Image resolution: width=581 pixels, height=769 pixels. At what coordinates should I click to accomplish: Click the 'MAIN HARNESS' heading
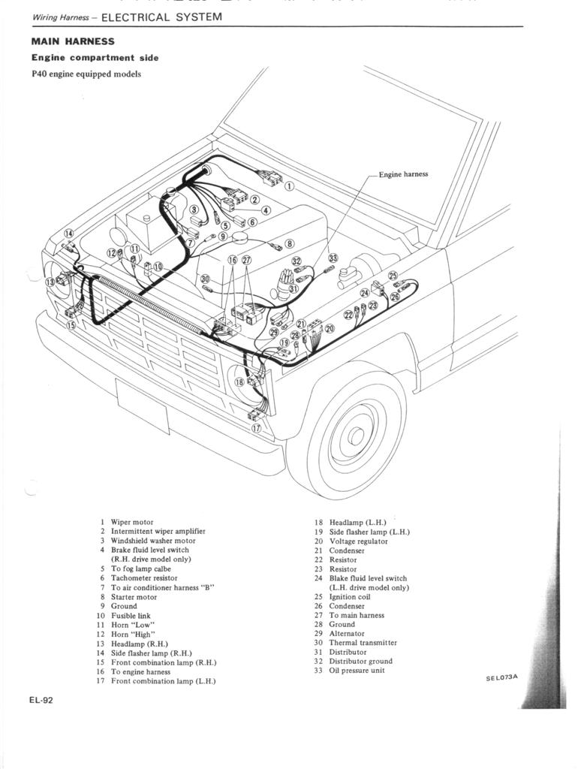pyautogui.click(x=73, y=41)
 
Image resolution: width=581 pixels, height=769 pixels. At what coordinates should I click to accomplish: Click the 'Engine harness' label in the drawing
pyautogui.click(x=403, y=174)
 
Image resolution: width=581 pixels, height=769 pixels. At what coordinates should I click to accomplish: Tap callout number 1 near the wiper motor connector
pyautogui.click(x=290, y=186)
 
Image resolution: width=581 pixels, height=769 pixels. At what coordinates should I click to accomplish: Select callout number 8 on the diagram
pyautogui.click(x=289, y=243)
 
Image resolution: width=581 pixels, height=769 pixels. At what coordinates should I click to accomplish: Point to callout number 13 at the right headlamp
pyautogui.click(x=50, y=282)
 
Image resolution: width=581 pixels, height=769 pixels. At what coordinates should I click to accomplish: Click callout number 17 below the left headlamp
pyautogui.click(x=256, y=428)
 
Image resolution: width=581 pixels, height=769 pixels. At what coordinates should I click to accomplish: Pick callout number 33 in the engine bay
pyautogui.click(x=333, y=258)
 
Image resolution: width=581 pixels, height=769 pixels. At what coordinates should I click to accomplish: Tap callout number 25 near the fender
pyautogui.click(x=393, y=276)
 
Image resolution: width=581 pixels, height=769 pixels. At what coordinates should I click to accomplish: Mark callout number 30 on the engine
pyautogui.click(x=206, y=279)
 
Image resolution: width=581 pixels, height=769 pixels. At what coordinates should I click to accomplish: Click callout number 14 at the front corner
pyautogui.click(x=68, y=234)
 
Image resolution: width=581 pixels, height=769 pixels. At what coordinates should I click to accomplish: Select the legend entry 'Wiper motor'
pyautogui.click(x=132, y=522)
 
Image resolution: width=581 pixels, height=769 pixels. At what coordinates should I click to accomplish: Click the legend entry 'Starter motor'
pyautogui.click(x=134, y=597)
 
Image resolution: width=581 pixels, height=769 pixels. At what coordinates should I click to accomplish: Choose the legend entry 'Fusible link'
pyautogui.click(x=131, y=616)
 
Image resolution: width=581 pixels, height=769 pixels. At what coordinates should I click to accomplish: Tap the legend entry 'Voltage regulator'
pyautogui.click(x=358, y=541)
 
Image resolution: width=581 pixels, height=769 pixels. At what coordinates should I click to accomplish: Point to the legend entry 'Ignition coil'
pyautogui.click(x=350, y=597)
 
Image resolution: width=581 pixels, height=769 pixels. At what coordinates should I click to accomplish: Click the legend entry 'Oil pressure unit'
pyautogui.click(x=357, y=671)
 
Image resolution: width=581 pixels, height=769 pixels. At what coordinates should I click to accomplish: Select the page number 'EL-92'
pyautogui.click(x=41, y=700)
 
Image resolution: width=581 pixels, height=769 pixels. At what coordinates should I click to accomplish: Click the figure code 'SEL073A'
pyautogui.click(x=501, y=677)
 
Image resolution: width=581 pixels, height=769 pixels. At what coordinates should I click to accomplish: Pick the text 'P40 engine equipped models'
pyautogui.click(x=86, y=74)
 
